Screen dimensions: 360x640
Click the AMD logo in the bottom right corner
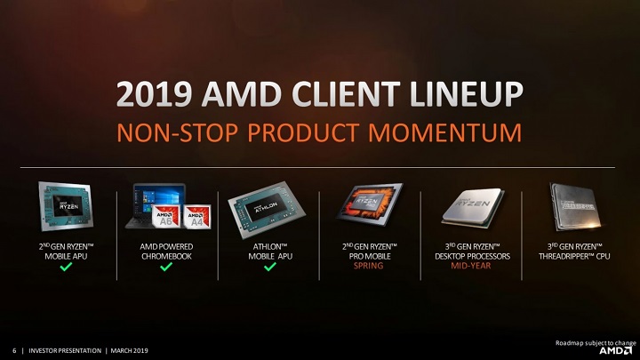616,350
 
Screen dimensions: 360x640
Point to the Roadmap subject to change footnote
596,341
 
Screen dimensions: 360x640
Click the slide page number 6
13,350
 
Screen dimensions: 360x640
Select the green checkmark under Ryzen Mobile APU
66,267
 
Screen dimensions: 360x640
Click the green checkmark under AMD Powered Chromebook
166,267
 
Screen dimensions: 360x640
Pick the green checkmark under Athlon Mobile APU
270,267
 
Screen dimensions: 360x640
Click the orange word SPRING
369,266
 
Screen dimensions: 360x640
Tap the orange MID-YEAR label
471,266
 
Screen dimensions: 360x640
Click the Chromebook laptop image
158,204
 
